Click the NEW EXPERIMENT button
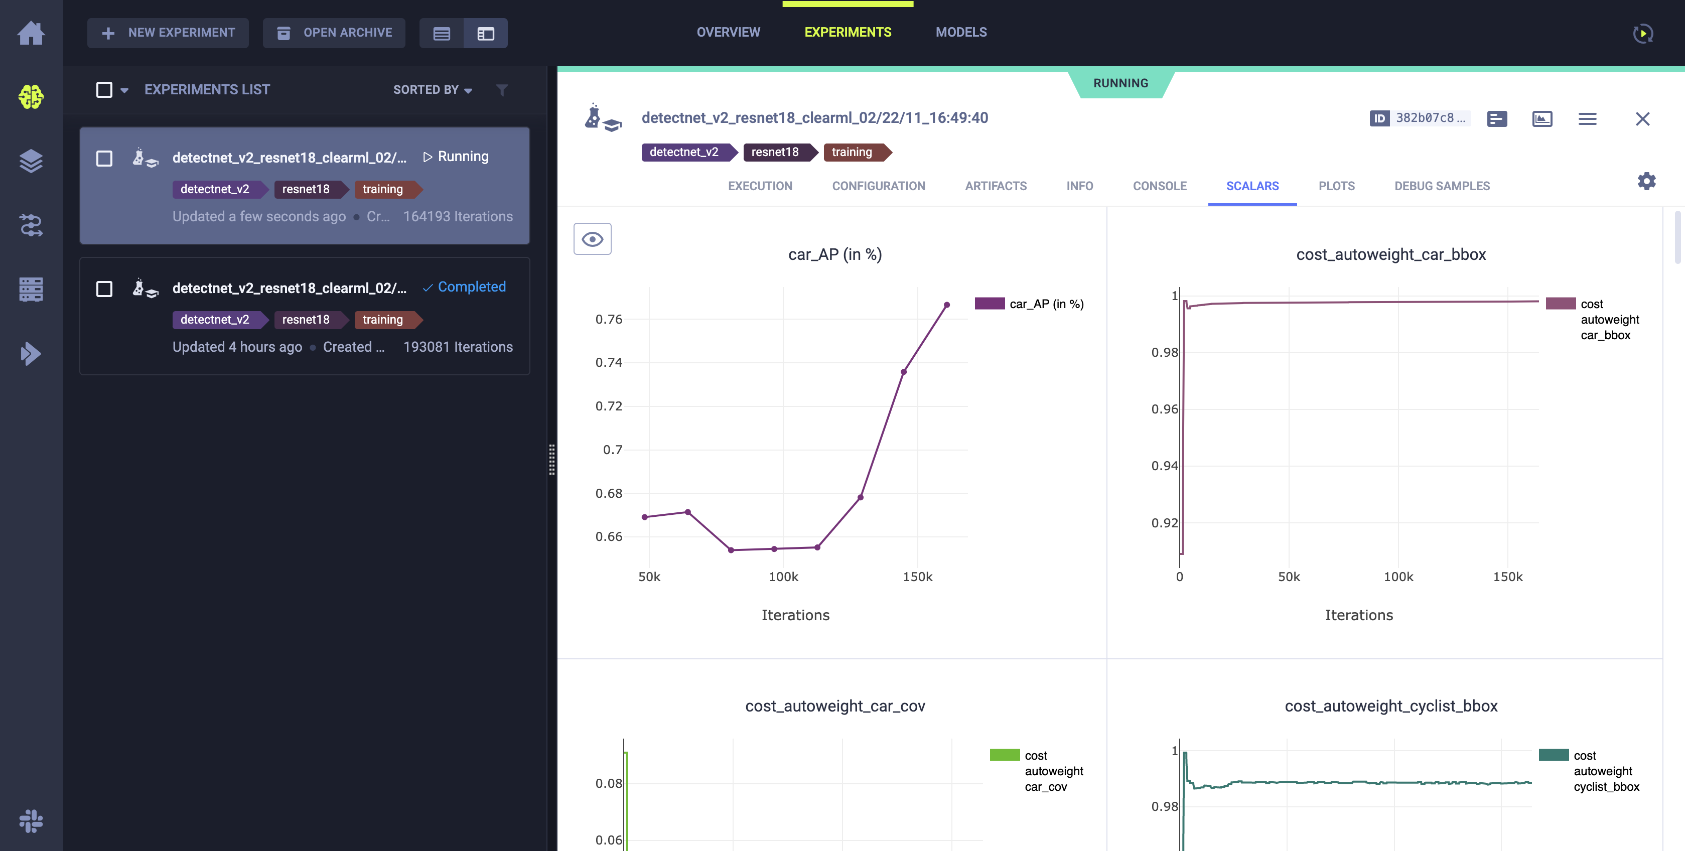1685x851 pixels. (x=168, y=33)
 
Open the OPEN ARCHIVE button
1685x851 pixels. (x=334, y=33)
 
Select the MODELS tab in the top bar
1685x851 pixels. (x=961, y=32)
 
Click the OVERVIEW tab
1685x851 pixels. (x=728, y=32)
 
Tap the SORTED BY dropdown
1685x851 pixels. (x=432, y=90)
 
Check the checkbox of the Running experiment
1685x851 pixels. (x=104, y=158)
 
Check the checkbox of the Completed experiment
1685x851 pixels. (x=104, y=289)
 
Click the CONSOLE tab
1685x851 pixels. (x=1159, y=186)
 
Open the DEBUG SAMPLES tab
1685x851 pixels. (x=1442, y=186)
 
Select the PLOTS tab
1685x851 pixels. (x=1336, y=186)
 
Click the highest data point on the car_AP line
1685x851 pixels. (x=946, y=305)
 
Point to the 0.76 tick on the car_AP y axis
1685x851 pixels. (x=608, y=319)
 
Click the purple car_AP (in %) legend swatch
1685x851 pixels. (x=989, y=304)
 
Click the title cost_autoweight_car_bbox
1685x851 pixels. (x=1390, y=254)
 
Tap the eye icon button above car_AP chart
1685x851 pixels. (x=592, y=239)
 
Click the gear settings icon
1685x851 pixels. (x=1646, y=181)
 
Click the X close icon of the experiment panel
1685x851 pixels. (x=1642, y=118)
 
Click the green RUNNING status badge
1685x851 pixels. (x=1120, y=83)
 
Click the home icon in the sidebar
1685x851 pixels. (x=31, y=33)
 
